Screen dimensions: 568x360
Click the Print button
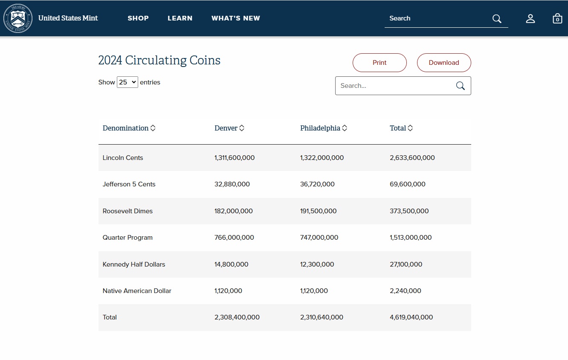[x=380, y=63]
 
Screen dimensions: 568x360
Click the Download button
[x=444, y=63]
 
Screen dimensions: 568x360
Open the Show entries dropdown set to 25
[x=128, y=82]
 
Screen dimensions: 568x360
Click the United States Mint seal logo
[x=18, y=18]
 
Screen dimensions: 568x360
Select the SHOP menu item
[x=138, y=18]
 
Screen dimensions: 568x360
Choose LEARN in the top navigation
[x=180, y=18]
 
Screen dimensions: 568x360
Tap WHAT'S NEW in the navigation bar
[x=236, y=18]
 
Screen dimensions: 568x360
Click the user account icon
[x=530, y=18]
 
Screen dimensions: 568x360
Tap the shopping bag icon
[x=557, y=18]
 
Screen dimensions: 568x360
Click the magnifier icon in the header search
[x=497, y=18]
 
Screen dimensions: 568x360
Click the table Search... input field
[x=396, y=86]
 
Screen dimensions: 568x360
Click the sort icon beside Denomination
[x=153, y=128]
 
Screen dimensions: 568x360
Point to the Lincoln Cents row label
[x=123, y=158]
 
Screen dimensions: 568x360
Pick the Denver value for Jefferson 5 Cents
[x=232, y=184]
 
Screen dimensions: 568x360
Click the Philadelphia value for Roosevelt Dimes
[x=318, y=211]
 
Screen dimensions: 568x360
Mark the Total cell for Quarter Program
[x=411, y=238]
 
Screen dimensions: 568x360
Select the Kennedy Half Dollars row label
[x=133, y=264]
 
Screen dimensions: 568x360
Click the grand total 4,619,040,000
[x=412, y=317]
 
